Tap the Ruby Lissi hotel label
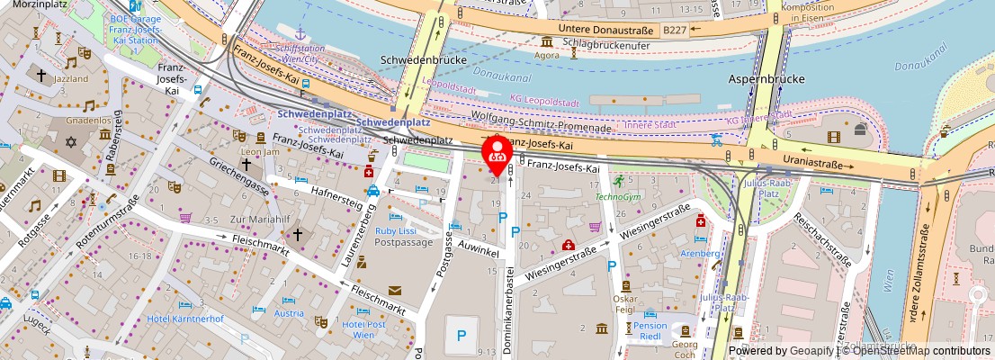tap(395, 230)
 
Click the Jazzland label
tap(71, 79)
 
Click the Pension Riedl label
tap(650, 332)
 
